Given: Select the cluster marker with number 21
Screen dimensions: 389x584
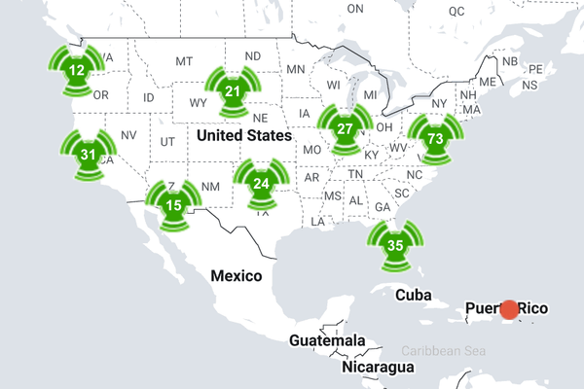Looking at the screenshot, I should (232, 91).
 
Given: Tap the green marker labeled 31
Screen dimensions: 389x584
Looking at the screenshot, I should (89, 155).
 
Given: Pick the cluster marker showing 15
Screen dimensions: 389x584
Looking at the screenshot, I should (173, 204).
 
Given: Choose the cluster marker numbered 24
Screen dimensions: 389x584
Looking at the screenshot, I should (261, 183).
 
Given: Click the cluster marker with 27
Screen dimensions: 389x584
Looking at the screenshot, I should (345, 129).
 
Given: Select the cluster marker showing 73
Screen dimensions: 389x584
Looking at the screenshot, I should (434, 138).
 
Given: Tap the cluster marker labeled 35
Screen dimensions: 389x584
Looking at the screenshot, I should (395, 245).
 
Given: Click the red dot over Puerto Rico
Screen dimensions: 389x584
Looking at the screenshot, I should (509, 309).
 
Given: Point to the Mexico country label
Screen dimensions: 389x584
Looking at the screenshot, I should (237, 275).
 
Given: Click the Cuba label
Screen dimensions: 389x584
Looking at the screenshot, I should (413, 295).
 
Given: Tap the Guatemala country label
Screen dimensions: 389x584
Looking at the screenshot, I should (327, 340).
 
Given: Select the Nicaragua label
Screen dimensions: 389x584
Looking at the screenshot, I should (379, 369).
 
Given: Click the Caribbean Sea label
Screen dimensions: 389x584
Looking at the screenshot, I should (442, 350).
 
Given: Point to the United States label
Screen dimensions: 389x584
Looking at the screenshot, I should (243, 135).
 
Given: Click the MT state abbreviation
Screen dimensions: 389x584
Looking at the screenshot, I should (184, 61).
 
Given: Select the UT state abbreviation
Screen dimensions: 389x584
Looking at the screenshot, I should (167, 142).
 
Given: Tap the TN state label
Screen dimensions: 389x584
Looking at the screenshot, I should (356, 173).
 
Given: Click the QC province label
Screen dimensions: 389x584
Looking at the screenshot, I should (456, 11).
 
